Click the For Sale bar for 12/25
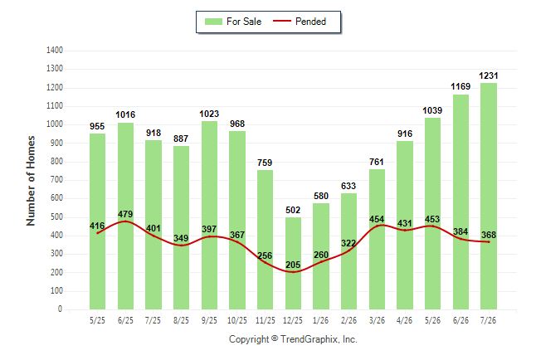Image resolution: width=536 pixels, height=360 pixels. coord(293,263)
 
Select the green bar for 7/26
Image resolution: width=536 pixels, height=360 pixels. coord(489,197)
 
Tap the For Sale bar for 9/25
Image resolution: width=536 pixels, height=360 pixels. coord(209,216)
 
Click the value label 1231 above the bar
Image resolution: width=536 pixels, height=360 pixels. coord(489,75)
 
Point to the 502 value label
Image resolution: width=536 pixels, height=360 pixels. coord(293,210)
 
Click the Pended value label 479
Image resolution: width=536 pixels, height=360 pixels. coord(125,214)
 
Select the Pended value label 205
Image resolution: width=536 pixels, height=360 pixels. coord(293,265)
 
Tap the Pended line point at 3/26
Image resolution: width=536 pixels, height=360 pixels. coord(377,226)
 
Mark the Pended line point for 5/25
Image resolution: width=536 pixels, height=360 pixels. coord(97,233)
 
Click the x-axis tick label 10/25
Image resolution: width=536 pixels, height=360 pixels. coord(237,321)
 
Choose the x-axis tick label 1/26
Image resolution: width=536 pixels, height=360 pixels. coord(320,321)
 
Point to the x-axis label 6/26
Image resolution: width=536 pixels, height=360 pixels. coord(460,321)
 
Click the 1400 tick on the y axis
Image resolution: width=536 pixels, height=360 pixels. coord(55,51)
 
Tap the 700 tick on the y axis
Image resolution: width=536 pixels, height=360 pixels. coord(56,180)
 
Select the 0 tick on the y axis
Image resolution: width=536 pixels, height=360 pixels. coord(61,309)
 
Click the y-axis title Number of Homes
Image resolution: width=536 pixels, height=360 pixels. coord(31,181)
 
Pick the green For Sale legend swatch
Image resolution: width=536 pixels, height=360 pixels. coord(213,22)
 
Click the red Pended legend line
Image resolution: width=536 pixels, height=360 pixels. coord(282,22)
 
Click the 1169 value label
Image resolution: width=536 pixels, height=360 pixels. coord(460,86)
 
